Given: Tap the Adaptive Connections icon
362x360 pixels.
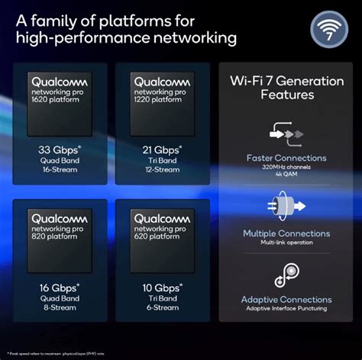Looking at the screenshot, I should click(286, 275).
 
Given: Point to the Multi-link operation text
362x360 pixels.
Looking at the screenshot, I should click(286, 243).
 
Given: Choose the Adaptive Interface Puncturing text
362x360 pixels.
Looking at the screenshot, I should click(286, 309).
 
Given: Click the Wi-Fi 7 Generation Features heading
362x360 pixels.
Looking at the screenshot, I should click(286, 88).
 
